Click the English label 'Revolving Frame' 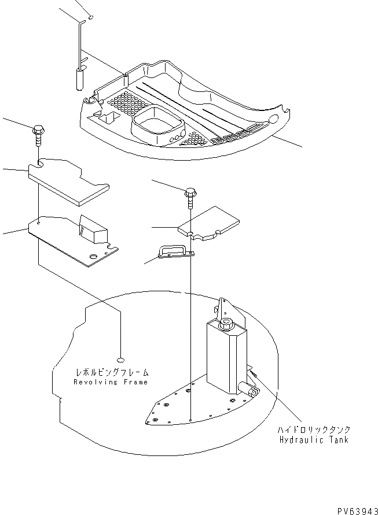pos(111,382)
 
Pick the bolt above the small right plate pos(190,198)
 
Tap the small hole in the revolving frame pos(120,357)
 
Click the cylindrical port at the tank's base pos(252,392)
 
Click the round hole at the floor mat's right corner pos(273,119)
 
